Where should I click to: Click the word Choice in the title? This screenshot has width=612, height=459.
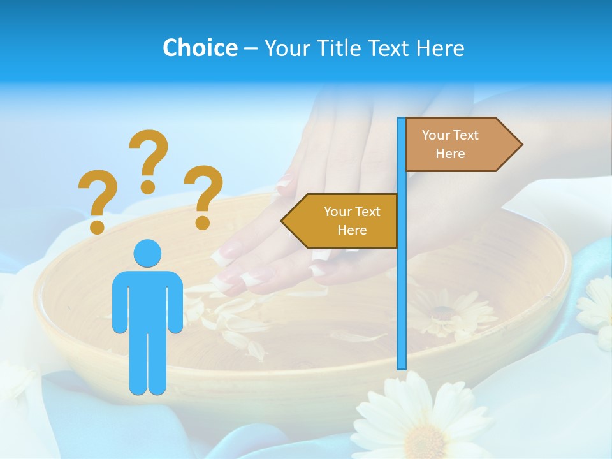(200, 48)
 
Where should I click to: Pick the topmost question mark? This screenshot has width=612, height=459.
(149, 159)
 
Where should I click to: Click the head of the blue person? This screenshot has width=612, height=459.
(147, 253)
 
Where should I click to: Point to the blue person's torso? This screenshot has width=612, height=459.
(147, 300)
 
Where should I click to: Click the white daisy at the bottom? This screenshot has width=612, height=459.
(421, 421)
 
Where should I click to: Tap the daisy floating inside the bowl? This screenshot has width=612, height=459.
(446, 312)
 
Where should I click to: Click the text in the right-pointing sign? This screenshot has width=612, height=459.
(450, 144)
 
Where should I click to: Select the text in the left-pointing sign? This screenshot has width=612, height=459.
(352, 221)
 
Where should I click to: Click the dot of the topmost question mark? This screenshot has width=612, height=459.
(148, 187)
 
